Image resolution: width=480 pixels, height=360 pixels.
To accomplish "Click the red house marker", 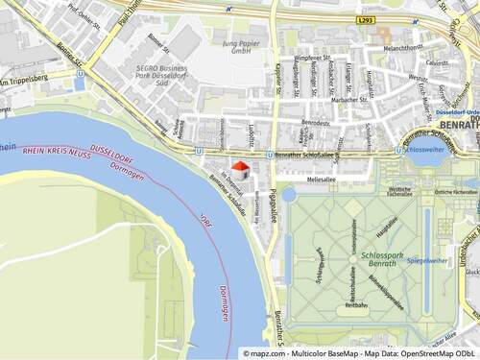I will [x=240, y=170].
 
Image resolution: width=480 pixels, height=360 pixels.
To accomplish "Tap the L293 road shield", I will [x=364, y=18].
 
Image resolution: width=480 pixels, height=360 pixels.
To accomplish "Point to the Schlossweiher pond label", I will [x=424, y=150].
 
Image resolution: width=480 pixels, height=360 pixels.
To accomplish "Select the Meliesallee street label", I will [x=321, y=179].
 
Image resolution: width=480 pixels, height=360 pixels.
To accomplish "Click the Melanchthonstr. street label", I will [x=404, y=46].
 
